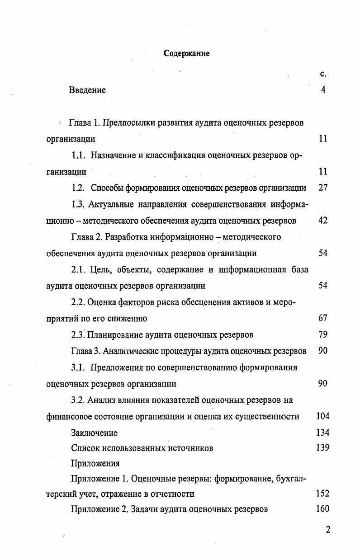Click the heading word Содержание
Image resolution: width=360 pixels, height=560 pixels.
[x=186, y=53]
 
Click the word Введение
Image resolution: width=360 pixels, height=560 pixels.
[x=87, y=90]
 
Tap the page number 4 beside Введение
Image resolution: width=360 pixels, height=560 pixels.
[x=323, y=89]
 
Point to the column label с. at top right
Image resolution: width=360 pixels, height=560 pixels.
[x=323, y=74]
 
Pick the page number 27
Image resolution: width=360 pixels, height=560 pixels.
[x=322, y=188]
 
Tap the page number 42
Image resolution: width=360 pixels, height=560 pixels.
[x=322, y=221]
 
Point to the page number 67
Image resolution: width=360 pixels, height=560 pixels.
[x=322, y=318]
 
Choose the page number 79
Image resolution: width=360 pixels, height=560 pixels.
[x=322, y=334]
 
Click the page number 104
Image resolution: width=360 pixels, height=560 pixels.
[x=323, y=416]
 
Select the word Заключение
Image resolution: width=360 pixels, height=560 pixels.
[x=94, y=433]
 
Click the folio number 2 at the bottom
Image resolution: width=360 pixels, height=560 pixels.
[x=327, y=530]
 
